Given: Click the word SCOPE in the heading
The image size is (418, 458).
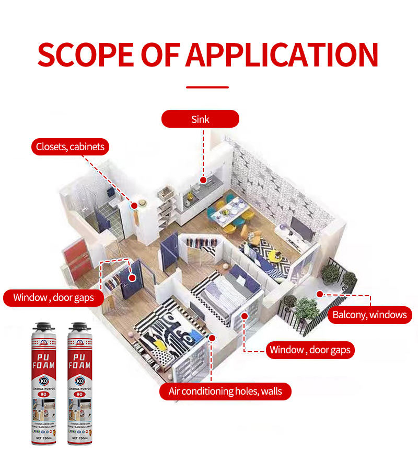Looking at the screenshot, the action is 84,54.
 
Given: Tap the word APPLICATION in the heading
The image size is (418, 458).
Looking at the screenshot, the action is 282,54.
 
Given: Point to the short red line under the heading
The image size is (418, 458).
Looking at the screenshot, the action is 207,87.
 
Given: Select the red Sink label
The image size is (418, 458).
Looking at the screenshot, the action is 200,119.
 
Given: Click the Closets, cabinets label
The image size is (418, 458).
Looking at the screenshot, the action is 70,147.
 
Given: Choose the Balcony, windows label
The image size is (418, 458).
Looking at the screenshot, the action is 370,315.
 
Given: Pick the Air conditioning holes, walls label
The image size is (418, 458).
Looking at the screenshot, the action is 225,391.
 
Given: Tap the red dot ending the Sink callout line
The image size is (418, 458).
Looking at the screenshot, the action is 203,180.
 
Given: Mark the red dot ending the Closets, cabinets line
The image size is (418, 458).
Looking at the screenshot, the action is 134,206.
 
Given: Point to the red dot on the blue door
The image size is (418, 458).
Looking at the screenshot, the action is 132,278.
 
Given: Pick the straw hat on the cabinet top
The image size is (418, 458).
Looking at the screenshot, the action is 142,203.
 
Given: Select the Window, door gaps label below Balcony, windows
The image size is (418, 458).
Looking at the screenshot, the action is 310,350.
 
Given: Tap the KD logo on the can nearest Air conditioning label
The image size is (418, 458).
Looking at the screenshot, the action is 80,381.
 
